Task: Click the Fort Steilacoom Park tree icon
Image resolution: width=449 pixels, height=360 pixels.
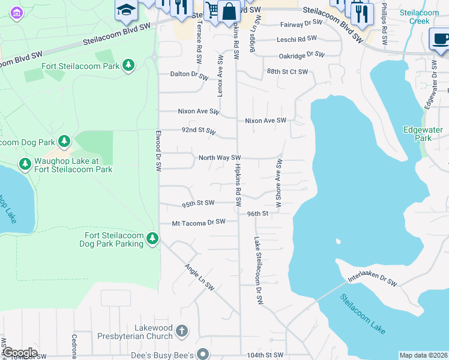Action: click(128, 64)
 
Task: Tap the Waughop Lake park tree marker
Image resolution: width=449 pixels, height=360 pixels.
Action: click(25, 164)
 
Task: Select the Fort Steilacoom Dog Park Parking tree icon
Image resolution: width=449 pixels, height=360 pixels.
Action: click(152, 239)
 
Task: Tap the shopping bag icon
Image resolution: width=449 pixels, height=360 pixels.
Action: click(229, 11)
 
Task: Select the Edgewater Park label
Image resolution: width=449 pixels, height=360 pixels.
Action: click(417, 133)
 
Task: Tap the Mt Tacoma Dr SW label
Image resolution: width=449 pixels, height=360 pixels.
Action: click(198, 222)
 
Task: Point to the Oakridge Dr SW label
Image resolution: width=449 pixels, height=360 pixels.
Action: click(301, 55)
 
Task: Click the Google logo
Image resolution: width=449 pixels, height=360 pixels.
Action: click(19, 353)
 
